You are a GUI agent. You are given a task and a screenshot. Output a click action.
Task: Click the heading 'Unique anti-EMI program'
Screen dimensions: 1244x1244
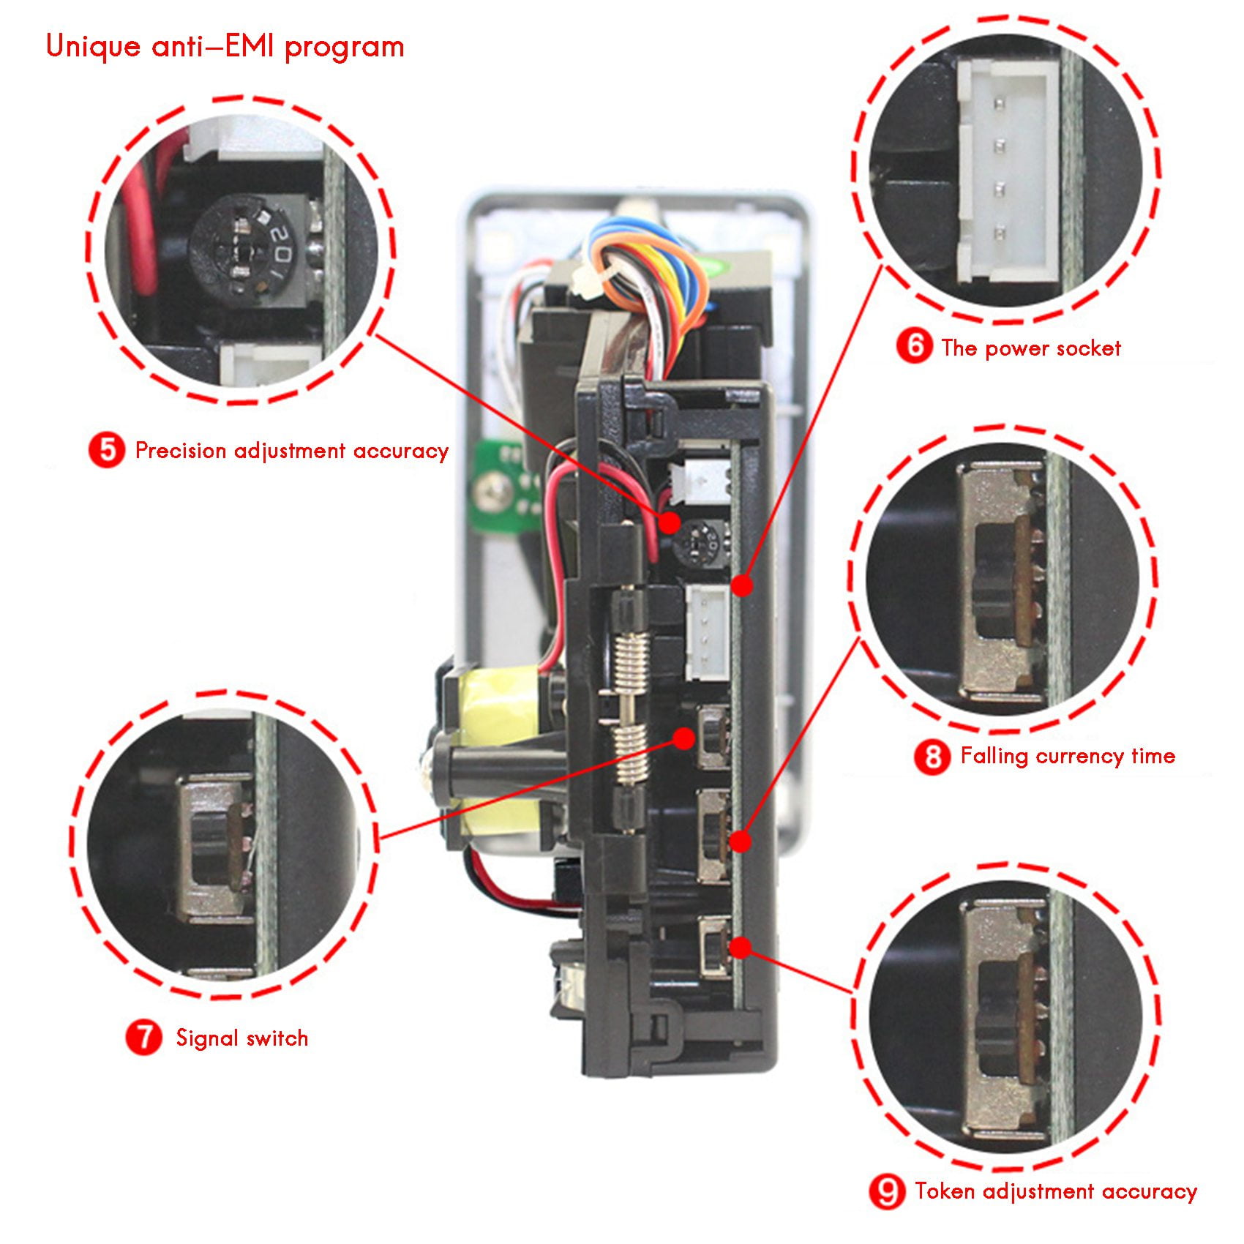225,47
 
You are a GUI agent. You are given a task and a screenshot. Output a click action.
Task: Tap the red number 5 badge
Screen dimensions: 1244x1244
107,450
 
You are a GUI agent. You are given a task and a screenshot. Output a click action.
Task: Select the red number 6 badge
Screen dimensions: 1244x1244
914,346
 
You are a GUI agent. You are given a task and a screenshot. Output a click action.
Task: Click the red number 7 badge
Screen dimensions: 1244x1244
143,1037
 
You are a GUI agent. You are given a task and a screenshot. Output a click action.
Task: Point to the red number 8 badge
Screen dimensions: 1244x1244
932,756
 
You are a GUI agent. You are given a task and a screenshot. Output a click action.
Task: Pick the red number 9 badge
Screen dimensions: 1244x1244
887,1191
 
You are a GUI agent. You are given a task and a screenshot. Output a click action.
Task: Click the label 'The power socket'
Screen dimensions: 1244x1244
1030,348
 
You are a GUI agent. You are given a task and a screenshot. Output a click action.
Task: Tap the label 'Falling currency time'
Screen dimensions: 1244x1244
1067,755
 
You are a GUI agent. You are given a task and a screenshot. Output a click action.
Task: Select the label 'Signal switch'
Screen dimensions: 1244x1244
241,1038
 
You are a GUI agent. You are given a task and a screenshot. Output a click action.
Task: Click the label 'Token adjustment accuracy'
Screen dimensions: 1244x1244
1055,1191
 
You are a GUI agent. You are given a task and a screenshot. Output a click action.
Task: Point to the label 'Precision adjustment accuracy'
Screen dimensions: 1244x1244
291,451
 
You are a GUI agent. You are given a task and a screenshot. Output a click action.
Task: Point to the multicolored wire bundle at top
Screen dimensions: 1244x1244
651,271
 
